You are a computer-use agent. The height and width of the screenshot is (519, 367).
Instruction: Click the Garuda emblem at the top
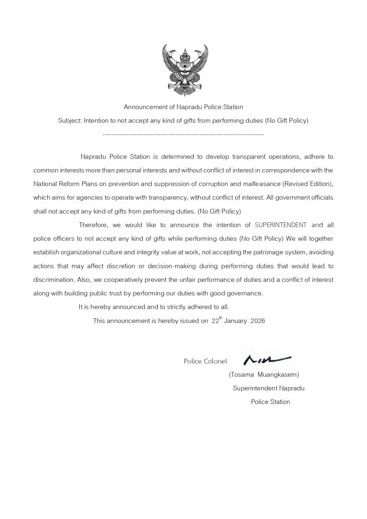[183, 70]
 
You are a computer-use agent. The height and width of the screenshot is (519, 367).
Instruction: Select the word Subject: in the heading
[70, 121]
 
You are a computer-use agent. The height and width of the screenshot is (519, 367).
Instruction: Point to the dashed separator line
[183, 135]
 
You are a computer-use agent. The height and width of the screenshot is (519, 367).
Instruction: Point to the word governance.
[243, 293]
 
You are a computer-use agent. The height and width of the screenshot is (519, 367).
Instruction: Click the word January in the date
[234, 321]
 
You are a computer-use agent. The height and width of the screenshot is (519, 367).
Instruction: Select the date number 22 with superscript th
[216, 321]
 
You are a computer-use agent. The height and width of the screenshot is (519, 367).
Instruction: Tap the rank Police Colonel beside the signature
[205, 361]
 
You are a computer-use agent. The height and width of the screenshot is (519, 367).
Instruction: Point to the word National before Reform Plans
[45, 184]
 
